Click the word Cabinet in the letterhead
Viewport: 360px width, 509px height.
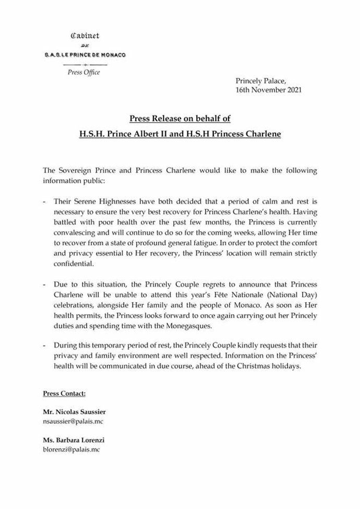click(85, 35)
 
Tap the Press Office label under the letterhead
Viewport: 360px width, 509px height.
click(83, 72)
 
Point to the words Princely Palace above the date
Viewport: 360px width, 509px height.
click(261, 80)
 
